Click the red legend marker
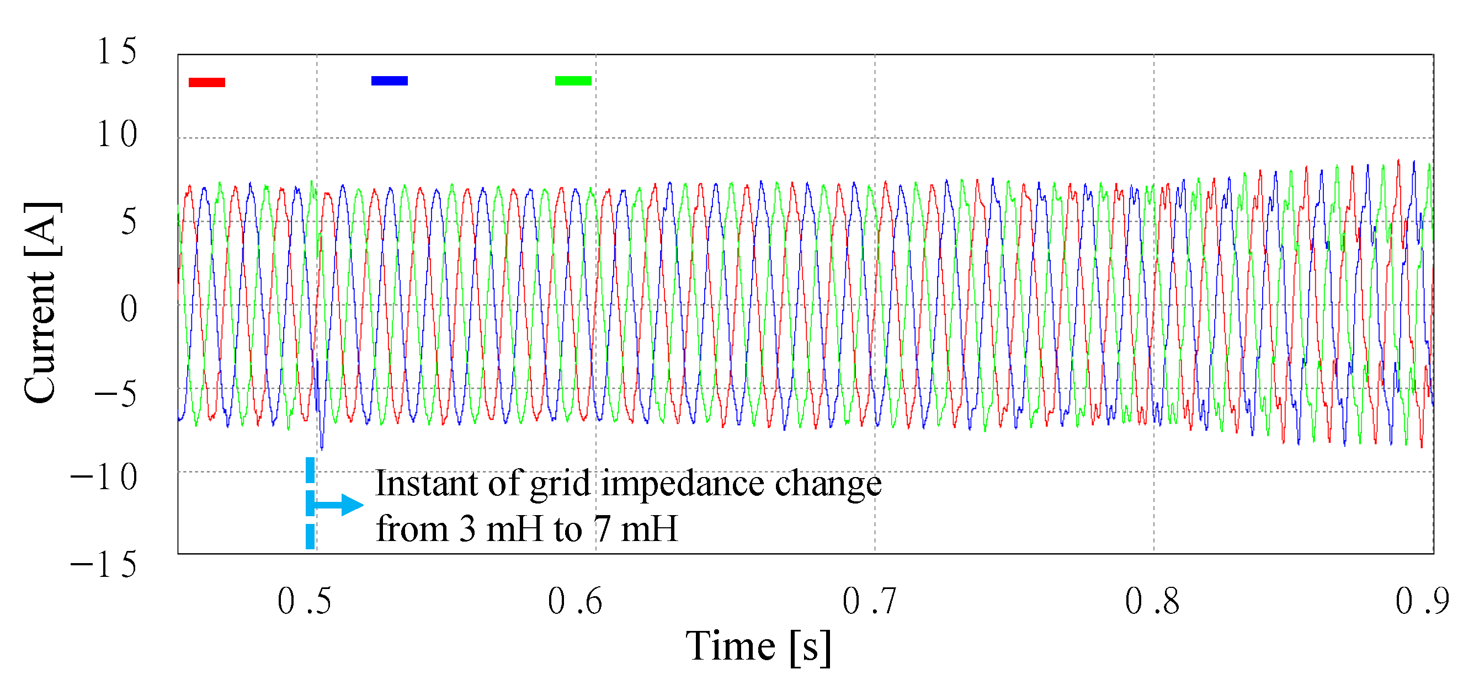click(206, 82)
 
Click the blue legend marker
click(389, 81)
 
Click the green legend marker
click(573, 81)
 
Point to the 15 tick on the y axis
click(117, 51)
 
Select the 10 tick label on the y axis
click(117, 135)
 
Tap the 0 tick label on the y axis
click(129, 309)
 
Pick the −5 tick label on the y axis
click(115, 395)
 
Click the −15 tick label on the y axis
click(104, 565)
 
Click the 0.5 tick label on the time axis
click(304, 601)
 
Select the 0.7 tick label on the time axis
click(869, 601)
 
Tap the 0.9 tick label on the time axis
click(1422, 601)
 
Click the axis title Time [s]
click(758, 647)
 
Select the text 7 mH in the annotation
click(635, 528)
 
